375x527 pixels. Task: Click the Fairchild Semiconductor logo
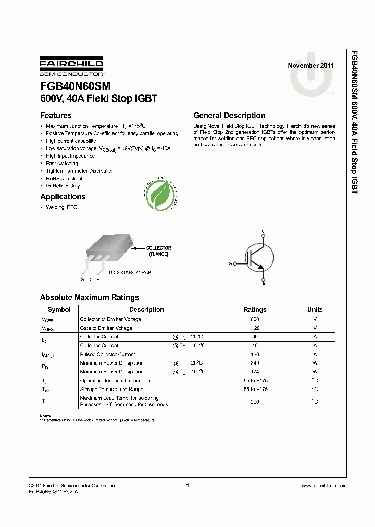pyautogui.click(x=71, y=67)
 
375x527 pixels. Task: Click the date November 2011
pyautogui.click(x=311, y=66)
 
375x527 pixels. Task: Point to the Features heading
pyautogui.click(x=56, y=116)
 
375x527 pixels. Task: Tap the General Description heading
pyautogui.click(x=229, y=116)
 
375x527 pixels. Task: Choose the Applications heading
pyautogui.click(x=63, y=197)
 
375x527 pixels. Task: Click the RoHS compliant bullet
pyautogui.click(x=64, y=178)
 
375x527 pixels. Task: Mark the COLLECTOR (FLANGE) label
pyautogui.click(x=158, y=251)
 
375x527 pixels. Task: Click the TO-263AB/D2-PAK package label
pyautogui.click(x=130, y=272)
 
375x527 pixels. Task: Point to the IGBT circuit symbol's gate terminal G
pyautogui.click(x=230, y=264)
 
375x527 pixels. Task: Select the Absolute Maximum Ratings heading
pyautogui.click(x=89, y=297)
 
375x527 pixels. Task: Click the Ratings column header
pyautogui.click(x=255, y=309)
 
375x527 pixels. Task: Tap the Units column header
pyautogui.click(x=315, y=309)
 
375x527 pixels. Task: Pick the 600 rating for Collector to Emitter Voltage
pyautogui.click(x=255, y=319)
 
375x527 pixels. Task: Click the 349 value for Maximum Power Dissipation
pyautogui.click(x=255, y=363)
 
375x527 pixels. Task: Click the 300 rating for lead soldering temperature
pyautogui.click(x=255, y=401)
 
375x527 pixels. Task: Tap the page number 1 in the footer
pyautogui.click(x=187, y=485)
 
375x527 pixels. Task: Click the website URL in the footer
pyautogui.click(x=323, y=486)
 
